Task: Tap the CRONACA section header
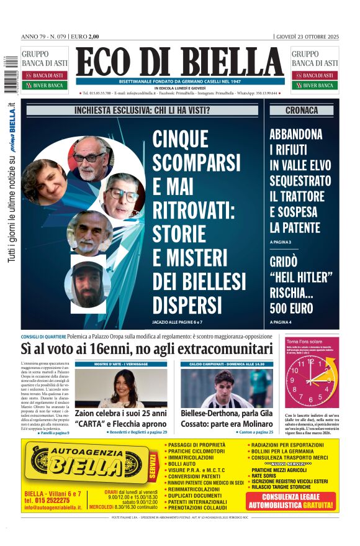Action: pyautogui.click(x=301, y=111)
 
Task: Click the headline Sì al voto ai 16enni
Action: pyautogui.click(x=146, y=348)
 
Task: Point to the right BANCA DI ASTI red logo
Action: pyautogui.click(x=315, y=75)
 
